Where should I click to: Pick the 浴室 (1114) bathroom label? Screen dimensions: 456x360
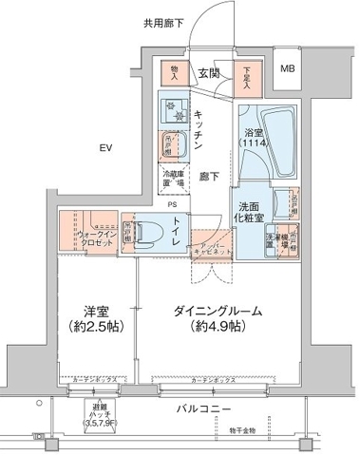tap(254, 140)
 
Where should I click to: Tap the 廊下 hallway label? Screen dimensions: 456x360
tap(209, 177)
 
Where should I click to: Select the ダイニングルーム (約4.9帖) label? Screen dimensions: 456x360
tap(218, 319)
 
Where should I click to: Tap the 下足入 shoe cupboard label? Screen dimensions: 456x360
tap(246, 74)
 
